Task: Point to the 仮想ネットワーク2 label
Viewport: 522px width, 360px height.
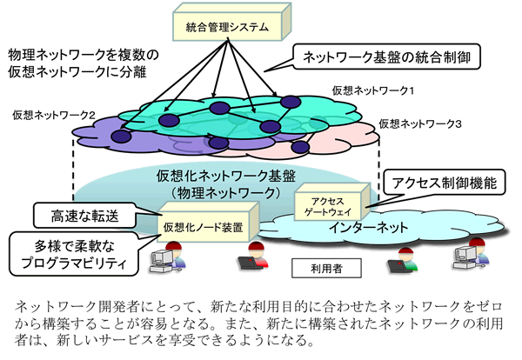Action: (x=54, y=114)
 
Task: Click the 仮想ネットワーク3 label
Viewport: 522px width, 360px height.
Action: (x=420, y=124)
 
